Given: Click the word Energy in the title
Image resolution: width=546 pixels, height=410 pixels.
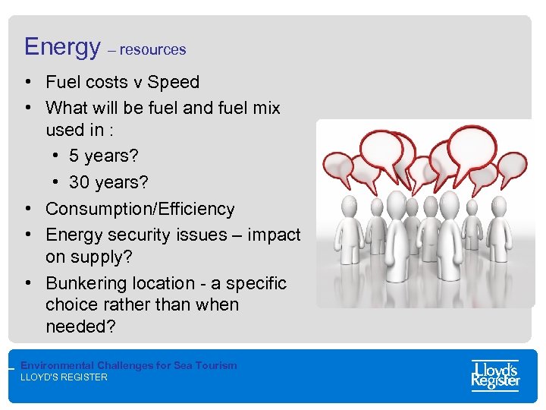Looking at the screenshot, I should [x=61, y=47].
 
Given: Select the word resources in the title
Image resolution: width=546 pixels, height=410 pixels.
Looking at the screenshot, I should [x=152, y=50].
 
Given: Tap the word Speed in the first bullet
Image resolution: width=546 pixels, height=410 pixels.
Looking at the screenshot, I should [x=174, y=82].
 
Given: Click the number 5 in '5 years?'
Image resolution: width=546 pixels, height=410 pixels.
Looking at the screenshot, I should [x=74, y=156].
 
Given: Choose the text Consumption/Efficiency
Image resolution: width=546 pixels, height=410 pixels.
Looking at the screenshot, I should [x=140, y=209].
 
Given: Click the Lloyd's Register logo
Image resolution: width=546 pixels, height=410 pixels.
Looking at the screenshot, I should [x=495, y=375].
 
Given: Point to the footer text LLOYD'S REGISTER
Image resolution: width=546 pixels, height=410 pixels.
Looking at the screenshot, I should [x=64, y=377].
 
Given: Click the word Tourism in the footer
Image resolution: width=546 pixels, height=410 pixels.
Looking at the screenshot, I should [x=216, y=365].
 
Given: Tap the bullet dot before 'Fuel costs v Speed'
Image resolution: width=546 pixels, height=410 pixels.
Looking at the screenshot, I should [x=27, y=82].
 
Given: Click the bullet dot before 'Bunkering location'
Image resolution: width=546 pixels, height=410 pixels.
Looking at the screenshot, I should [x=27, y=283].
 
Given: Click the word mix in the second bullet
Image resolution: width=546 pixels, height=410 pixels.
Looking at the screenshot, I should [x=265, y=108].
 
